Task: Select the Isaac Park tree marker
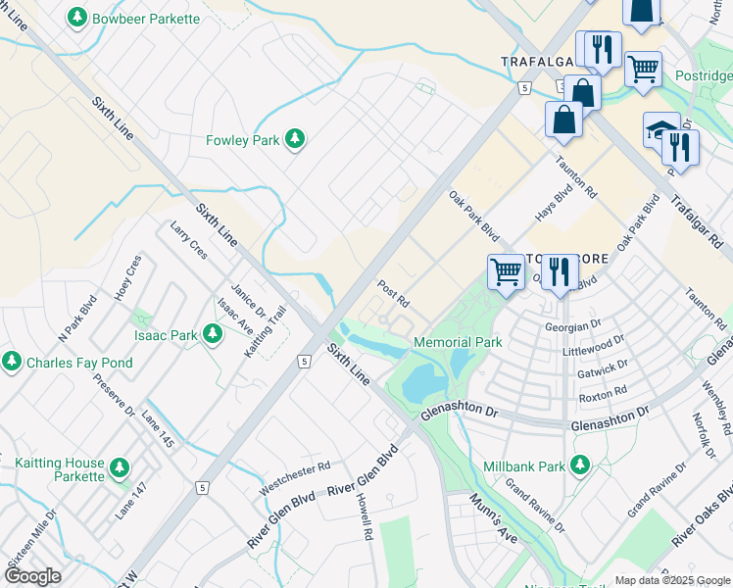[212, 335]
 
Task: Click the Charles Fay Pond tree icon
[12, 363]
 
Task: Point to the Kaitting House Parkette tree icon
[120, 468]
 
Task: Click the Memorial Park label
[458, 342]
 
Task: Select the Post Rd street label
[393, 291]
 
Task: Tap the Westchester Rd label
[294, 476]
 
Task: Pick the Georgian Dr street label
[574, 324]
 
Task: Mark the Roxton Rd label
[603, 394]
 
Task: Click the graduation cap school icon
[660, 129]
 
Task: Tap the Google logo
[32, 576]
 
